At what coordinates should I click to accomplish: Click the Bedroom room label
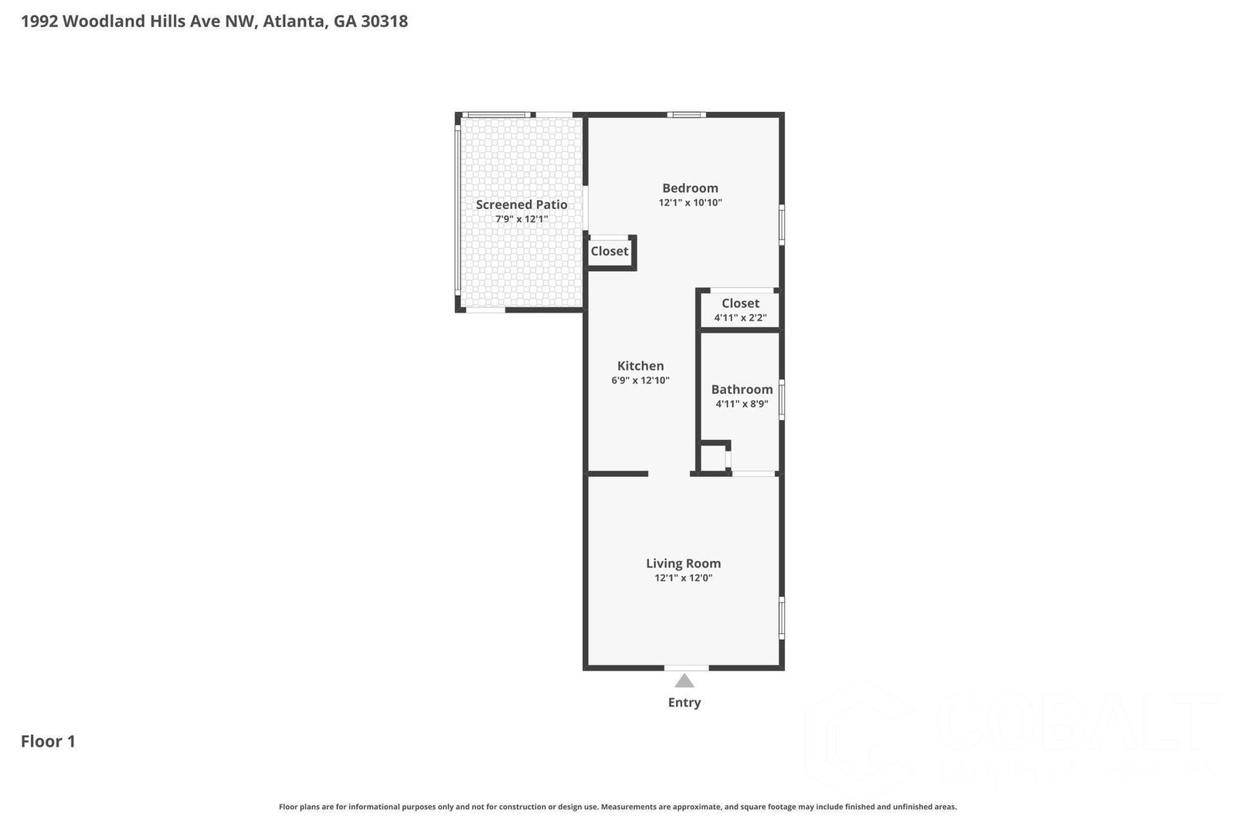690,188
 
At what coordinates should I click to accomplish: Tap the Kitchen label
640,366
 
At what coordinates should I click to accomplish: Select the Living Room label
683,564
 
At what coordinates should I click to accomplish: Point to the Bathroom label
742,389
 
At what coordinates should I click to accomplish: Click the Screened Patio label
521,205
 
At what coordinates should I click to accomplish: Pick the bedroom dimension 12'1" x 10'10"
690,203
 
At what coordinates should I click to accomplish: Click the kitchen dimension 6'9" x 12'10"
640,381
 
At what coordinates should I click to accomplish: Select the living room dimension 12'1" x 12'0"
683,578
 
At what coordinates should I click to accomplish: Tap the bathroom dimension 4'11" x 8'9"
742,404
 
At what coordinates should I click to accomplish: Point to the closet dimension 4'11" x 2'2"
740,318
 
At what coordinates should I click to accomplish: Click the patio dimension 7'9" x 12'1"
521,219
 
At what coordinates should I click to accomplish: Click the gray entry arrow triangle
684,681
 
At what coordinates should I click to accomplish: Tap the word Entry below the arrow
684,703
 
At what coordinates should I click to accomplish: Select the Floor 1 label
48,741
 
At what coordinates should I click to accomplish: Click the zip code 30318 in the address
384,21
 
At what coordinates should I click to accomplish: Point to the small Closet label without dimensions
610,251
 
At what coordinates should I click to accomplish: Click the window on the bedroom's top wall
687,115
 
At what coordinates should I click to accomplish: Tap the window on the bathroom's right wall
782,400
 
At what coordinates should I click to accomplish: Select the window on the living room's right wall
782,618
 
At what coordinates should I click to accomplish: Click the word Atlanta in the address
294,21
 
